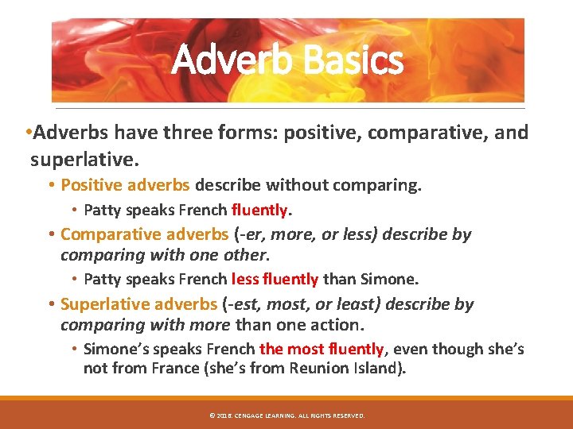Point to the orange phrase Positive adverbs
click(125, 185)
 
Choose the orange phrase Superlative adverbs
click(138, 304)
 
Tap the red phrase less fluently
click(275, 279)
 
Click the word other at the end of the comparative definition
click(247, 255)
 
